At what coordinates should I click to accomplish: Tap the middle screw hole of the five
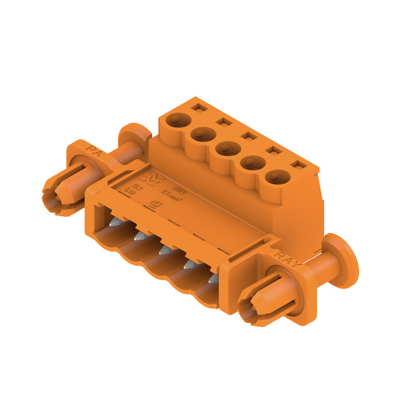coord(227,149)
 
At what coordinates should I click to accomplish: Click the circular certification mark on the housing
coord(153,204)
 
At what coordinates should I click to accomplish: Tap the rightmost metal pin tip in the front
coord(213,279)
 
